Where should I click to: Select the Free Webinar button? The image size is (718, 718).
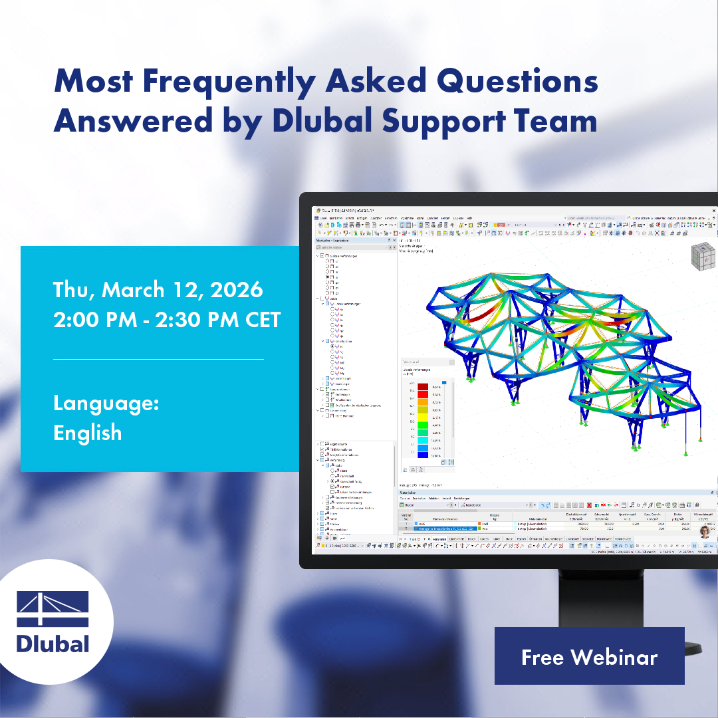(x=589, y=657)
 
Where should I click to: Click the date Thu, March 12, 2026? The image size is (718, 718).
(x=158, y=290)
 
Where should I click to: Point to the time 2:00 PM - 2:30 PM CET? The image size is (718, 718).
(x=167, y=320)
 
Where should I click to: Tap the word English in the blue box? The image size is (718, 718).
(x=88, y=433)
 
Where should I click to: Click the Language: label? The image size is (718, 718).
(x=106, y=404)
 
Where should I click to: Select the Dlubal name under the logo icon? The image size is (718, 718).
(x=53, y=643)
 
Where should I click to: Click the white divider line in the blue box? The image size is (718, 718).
(x=158, y=359)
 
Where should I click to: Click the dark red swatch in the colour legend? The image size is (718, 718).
(x=423, y=386)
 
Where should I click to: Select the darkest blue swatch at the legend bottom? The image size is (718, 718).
(x=423, y=455)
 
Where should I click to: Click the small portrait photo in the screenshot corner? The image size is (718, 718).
(x=704, y=531)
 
